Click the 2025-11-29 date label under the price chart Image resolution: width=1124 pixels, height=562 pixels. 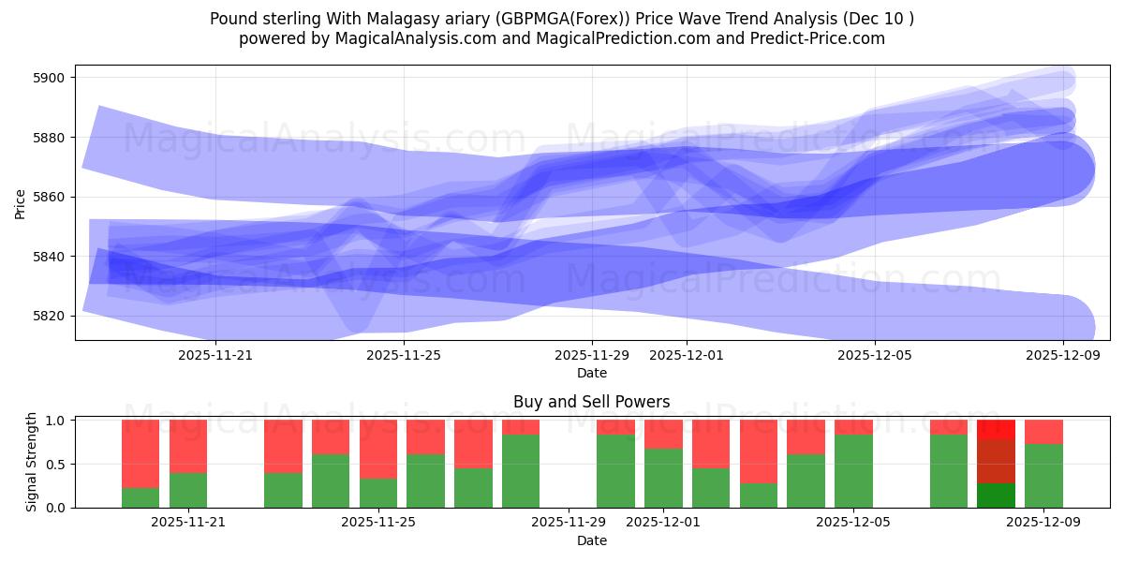[x=592, y=355]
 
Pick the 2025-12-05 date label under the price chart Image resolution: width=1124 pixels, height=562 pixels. [x=875, y=355]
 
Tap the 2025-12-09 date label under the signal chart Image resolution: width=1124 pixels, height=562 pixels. [x=1043, y=523]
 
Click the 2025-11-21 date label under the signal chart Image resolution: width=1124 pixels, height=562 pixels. [x=188, y=523]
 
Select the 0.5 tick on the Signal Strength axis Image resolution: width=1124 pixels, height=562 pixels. [x=56, y=464]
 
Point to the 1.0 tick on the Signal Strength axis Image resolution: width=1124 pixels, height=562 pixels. [x=56, y=421]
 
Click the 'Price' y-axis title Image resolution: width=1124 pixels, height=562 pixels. [x=21, y=203]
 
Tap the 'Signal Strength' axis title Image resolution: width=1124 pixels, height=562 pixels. [x=32, y=462]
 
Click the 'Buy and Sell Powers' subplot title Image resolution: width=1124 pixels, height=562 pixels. [x=591, y=402]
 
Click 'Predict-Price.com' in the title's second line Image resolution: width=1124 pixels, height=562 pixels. [x=815, y=38]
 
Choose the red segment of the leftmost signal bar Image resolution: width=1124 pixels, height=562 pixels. [x=140, y=453]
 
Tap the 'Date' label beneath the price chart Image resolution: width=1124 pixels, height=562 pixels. [x=591, y=373]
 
